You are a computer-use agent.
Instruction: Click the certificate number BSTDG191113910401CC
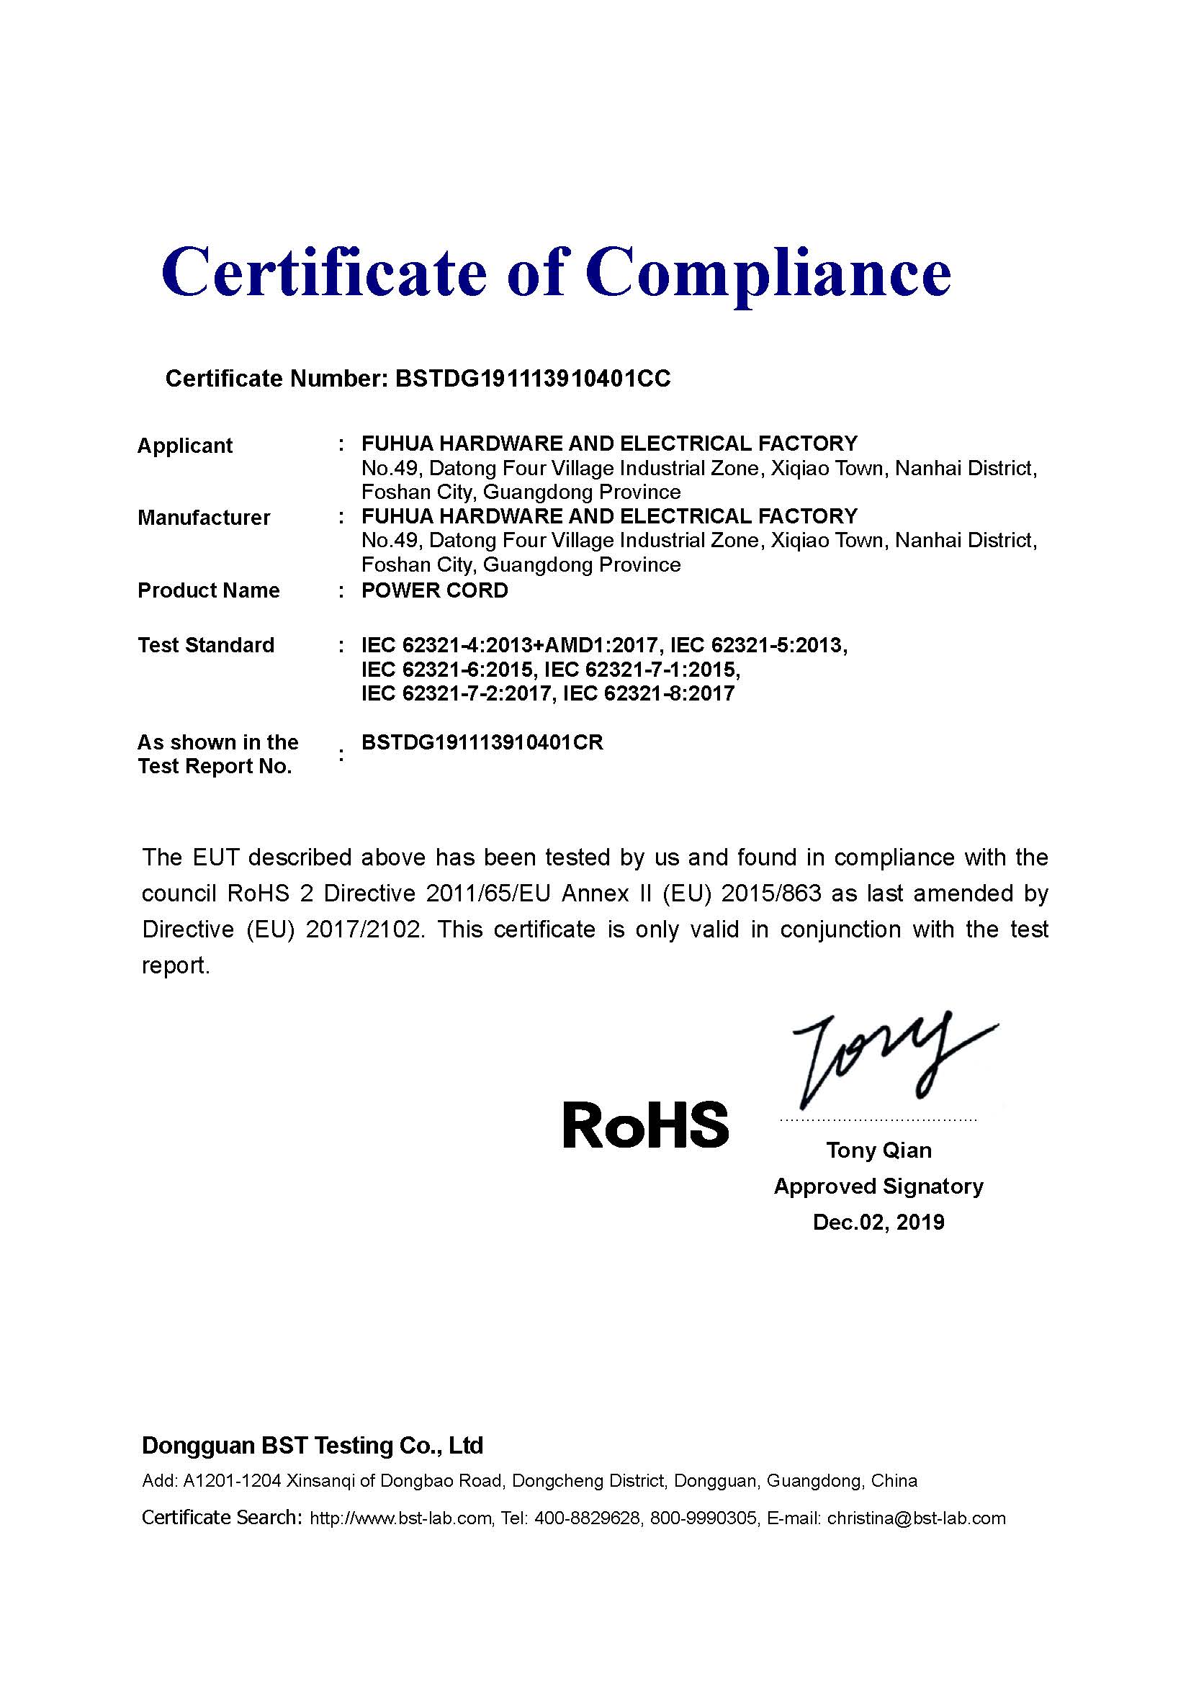coord(532,379)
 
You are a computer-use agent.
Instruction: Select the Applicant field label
coord(185,446)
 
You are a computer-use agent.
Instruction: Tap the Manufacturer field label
coord(204,518)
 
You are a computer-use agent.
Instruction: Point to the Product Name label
coord(209,590)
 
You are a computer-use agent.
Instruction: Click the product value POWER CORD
coord(435,590)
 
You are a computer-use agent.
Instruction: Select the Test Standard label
coord(206,645)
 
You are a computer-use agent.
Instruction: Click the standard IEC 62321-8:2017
coord(649,694)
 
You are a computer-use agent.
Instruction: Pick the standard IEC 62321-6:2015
coord(447,670)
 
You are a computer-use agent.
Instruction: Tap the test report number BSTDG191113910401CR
coord(482,742)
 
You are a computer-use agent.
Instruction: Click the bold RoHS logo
coord(645,1125)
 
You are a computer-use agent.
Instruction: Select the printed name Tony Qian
coord(878,1150)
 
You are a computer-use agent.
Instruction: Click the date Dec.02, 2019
coord(878,1222)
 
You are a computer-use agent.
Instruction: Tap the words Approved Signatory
coord(878,1186)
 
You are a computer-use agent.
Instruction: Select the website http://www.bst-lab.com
coord(400,1518)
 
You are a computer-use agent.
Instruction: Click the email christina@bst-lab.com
coord(916,1518)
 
